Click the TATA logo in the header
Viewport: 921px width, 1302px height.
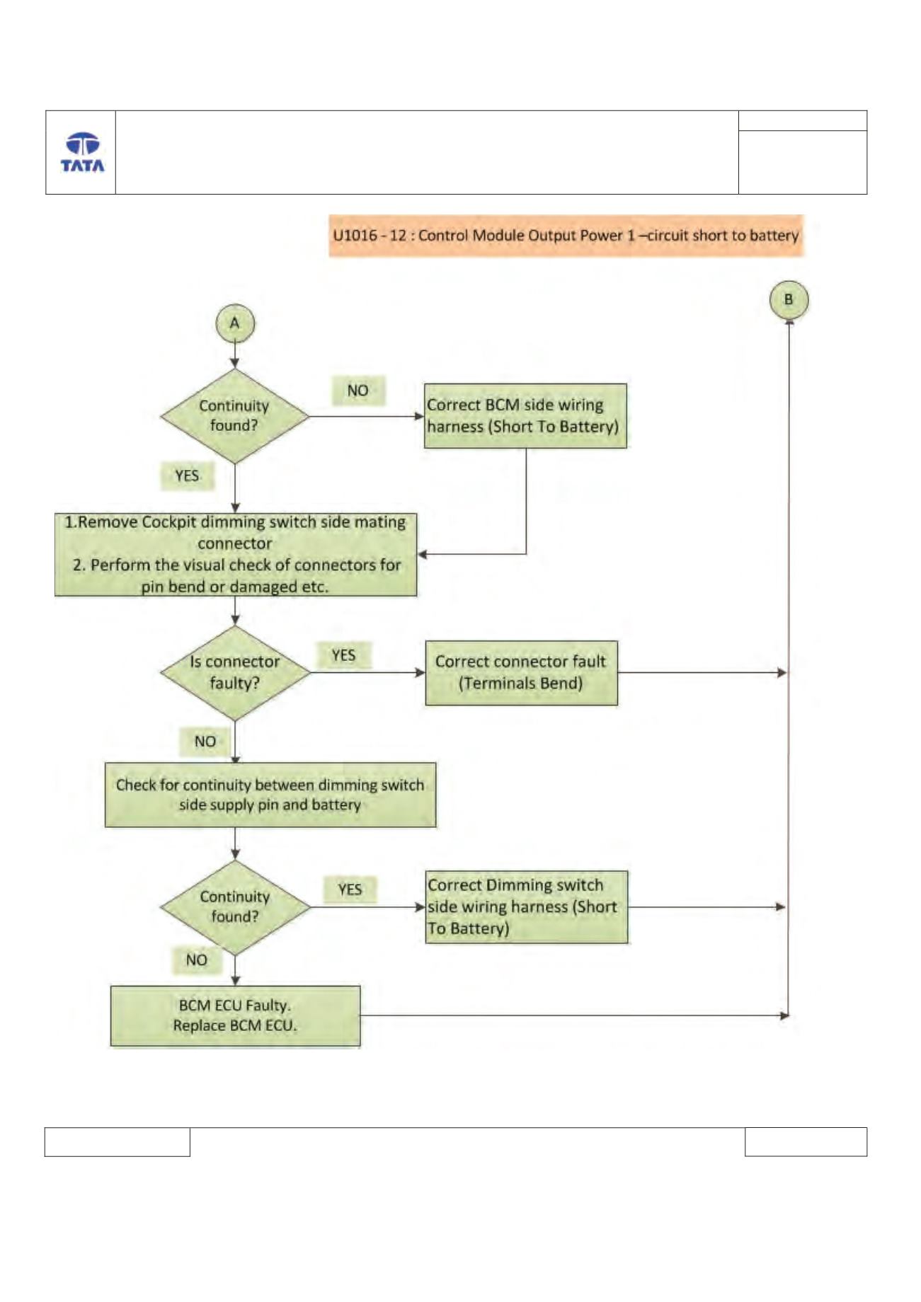coord(82,152)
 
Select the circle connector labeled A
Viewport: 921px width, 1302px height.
coord(235,323)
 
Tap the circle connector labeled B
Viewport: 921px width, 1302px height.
coord(789,300)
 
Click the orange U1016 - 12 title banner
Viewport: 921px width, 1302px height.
coord(566,235)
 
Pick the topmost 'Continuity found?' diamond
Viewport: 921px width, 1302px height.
coord(235,416)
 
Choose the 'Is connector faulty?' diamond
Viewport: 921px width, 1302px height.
coord(235,672)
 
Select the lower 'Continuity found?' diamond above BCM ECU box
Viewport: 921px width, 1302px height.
coord(235,907)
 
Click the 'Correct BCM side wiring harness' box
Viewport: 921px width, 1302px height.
coord(525,416)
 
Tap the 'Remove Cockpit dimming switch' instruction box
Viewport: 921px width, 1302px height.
coord(236,555)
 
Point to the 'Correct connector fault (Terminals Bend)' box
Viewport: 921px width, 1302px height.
coord(521,673)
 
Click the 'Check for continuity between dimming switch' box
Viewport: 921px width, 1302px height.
coord(270,795)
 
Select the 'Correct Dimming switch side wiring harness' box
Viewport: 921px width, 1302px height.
coord(526,907)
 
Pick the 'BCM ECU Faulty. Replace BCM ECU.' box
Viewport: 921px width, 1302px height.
coord(235,1016)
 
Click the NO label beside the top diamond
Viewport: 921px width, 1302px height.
coord(358,391)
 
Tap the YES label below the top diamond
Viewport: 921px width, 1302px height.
coord(187,476)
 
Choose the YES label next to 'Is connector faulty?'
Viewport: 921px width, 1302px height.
coord(344,655)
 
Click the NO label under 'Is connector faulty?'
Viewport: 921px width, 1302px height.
coord(205,741)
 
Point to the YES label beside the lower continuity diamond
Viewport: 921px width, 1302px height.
coord(350,889)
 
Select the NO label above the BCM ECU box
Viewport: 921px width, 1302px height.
coord(197,960)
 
